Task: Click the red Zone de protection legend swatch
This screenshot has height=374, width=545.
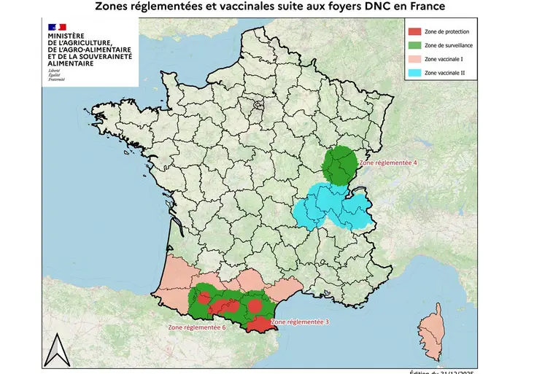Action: (x=414, y=32)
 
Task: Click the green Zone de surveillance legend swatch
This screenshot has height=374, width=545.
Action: (x=414, y=45)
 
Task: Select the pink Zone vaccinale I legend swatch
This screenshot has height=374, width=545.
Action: (x=414, y=59)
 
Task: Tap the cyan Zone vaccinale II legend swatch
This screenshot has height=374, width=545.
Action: (x=414, y=73)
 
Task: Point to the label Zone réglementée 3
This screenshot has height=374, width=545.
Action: (x=299, y=322)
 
